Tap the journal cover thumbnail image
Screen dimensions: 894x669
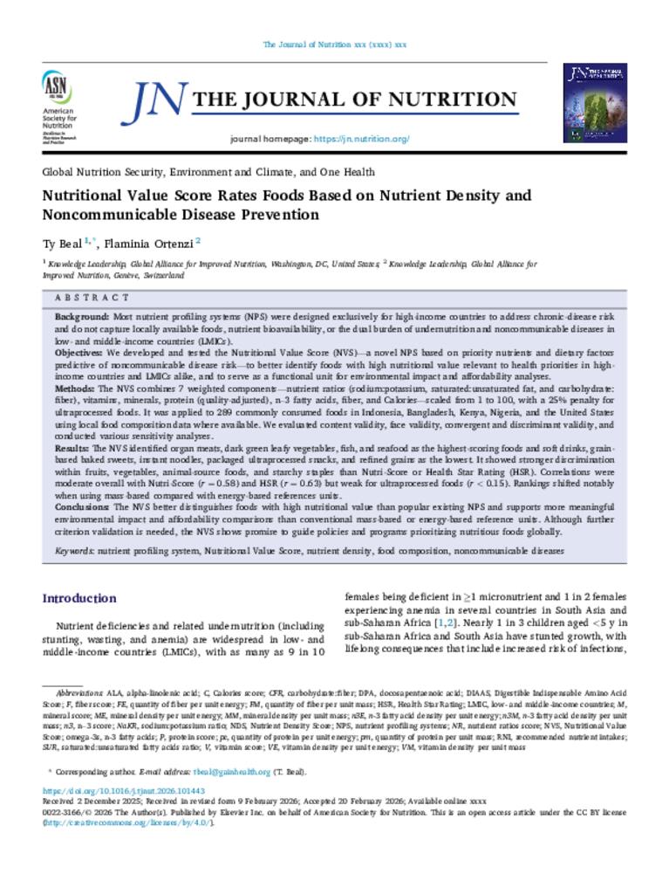(x=595, y=102)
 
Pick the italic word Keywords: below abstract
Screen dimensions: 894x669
(x=75, y=551)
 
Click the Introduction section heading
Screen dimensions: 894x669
(x=79, y=598)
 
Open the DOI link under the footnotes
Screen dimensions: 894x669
(x=111, y=790)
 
